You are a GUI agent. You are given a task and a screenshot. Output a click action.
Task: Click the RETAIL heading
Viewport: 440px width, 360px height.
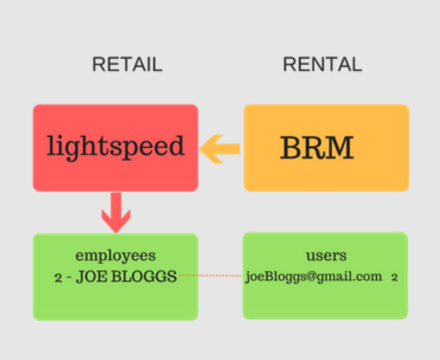127,64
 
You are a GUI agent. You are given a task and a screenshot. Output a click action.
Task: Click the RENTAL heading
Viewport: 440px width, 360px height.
322,64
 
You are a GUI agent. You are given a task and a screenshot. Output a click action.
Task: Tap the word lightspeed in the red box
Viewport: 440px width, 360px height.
115,146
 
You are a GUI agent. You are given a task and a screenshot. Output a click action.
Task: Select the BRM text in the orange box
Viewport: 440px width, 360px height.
317,148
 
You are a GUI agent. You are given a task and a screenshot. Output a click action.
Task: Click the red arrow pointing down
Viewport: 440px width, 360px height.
116,212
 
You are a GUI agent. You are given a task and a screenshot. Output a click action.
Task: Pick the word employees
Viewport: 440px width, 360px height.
115,256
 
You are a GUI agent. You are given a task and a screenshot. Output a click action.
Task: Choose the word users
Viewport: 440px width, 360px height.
326,256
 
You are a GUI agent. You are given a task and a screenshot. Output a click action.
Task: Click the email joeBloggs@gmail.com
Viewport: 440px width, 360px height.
313,277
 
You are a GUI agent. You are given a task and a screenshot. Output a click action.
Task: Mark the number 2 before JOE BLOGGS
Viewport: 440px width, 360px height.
58,277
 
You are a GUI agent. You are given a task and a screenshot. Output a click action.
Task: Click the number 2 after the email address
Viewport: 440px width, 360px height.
395,277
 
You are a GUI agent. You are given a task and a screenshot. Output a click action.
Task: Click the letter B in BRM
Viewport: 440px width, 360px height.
292,148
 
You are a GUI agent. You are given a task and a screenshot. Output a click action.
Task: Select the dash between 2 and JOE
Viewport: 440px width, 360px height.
69,277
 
